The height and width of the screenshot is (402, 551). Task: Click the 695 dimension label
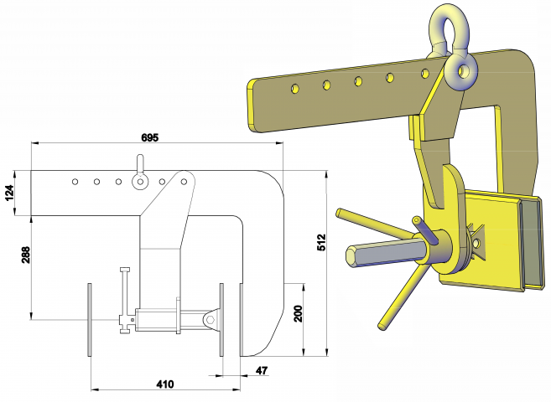pyautogui.click(x=150, y=137)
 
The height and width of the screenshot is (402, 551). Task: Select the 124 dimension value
pyautogui.click(x=9, y=193)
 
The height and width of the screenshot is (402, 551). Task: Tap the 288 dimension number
pyautogui.click(x=26, y=255)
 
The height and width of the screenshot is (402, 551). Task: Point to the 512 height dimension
pyautogui.click(x=321, y=242)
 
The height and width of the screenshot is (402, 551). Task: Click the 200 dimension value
pyautogui.click(x=298, y=314)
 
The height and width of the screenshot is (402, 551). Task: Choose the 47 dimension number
pyautogui.click(x=262, y=370)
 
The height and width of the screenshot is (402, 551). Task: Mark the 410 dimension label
pyautogui.click(x=165, y=384)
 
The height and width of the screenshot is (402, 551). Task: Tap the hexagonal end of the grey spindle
pyautogui.click(x=352, y=255)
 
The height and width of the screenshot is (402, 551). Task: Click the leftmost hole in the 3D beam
pyautogui.click(x=295, y=89)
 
